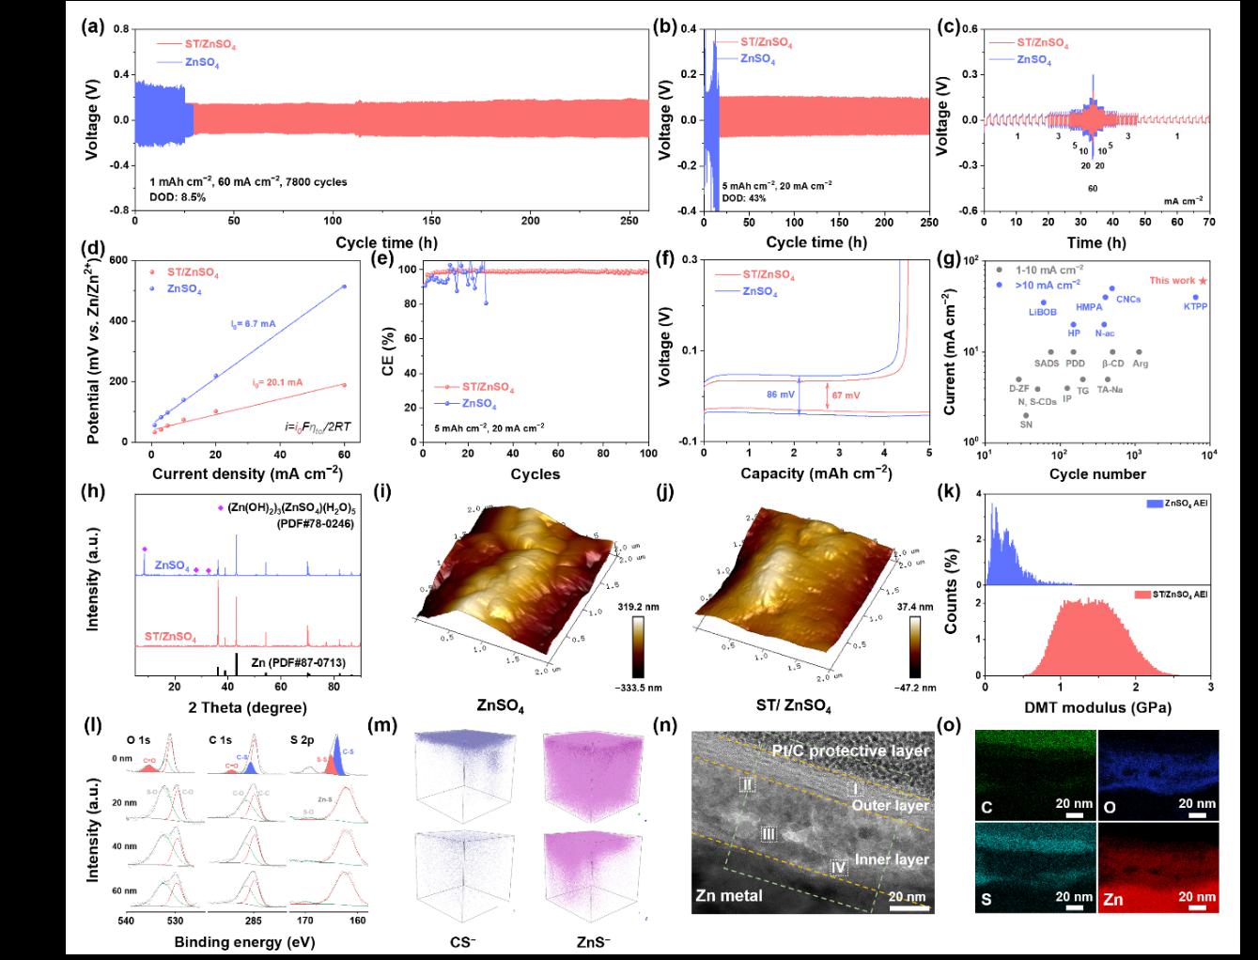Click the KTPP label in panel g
point(1195,306)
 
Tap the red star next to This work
point(1204,281)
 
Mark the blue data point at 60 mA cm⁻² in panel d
point(344,286)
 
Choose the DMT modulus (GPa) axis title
point(1095,706)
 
